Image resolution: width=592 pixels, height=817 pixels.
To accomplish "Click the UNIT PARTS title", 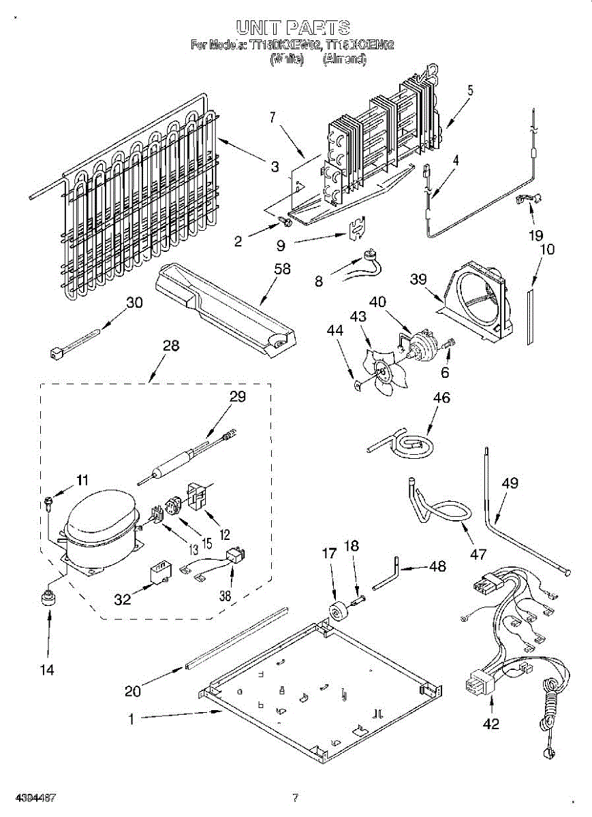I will click(x=293, y=27).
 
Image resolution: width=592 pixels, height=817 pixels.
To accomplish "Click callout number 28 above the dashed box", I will click(x=171, y=346).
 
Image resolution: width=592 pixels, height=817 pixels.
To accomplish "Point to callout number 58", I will click(x=281, y=270).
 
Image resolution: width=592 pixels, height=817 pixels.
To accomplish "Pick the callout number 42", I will click(x=490, y=724).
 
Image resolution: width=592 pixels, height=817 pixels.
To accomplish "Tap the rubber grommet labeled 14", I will click(x=48, y=598).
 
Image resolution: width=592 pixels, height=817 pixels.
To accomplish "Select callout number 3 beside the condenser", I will click(x=275, y=166).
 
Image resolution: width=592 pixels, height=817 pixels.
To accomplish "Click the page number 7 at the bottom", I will click(x=295, y=798).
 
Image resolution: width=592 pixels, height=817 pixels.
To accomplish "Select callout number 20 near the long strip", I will click(x=133, y=691).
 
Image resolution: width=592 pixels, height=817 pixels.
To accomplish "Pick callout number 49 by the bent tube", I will click(x=510, y=484).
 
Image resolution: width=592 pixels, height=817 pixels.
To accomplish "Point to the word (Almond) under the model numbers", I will click(x=345, y=59).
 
